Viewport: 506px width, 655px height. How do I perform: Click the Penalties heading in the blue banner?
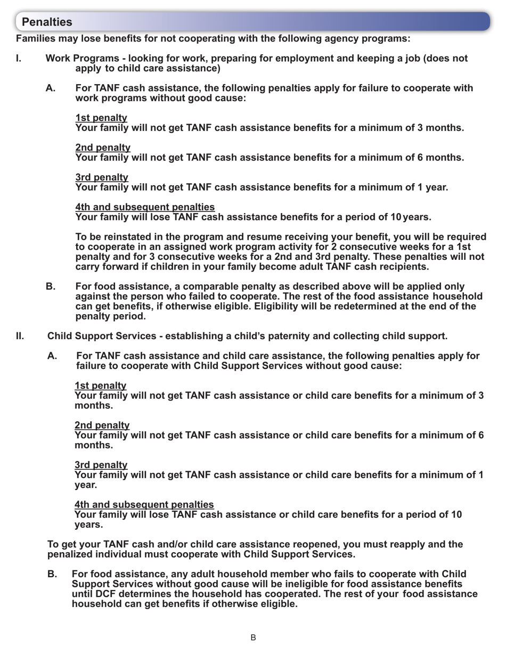click(47, 22)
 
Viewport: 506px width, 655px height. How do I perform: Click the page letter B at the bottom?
click(253, 637)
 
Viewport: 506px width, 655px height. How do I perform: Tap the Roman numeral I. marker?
click(19, 58)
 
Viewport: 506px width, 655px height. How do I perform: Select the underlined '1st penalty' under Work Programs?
click(101, 118)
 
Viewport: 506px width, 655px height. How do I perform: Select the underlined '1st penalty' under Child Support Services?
click(100, 386)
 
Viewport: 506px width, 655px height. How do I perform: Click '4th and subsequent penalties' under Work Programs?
click(145, 207)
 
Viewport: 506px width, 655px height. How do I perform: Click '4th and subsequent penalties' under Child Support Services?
click(144, 504)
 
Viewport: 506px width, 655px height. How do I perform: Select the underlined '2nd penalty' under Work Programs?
click(103, 148)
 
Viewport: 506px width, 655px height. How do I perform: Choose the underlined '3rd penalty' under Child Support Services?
click(101, 465)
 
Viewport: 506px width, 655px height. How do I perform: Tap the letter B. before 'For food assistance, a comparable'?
click(51, 286)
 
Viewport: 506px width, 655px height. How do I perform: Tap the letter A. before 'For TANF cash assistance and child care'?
click(52, 356)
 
